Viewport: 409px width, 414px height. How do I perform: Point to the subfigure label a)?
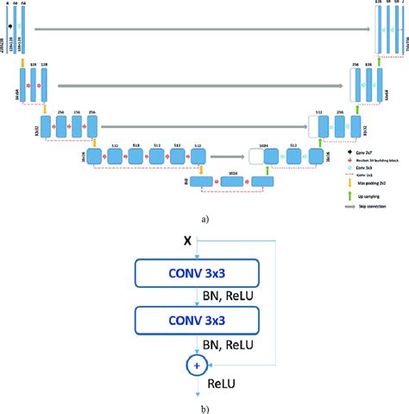click(204, 220)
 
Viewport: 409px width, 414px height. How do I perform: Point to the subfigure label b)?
click(204, 408)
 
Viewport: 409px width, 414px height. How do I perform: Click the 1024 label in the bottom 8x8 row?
click(232, 174)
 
